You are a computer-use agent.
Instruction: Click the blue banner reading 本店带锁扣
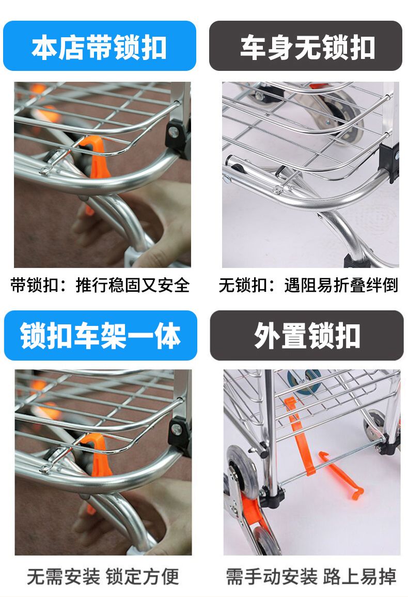(100, 46)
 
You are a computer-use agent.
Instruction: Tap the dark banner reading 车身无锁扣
(306, 46)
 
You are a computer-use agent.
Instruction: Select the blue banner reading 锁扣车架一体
(100, 335)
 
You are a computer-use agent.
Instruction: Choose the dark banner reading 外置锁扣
(306, 335)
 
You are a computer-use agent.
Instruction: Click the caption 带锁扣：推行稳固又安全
(100, 285)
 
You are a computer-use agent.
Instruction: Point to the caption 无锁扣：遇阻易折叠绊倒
(308, 285)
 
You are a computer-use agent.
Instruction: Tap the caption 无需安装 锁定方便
(103, 576)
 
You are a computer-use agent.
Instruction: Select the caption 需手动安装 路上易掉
(311, 576)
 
